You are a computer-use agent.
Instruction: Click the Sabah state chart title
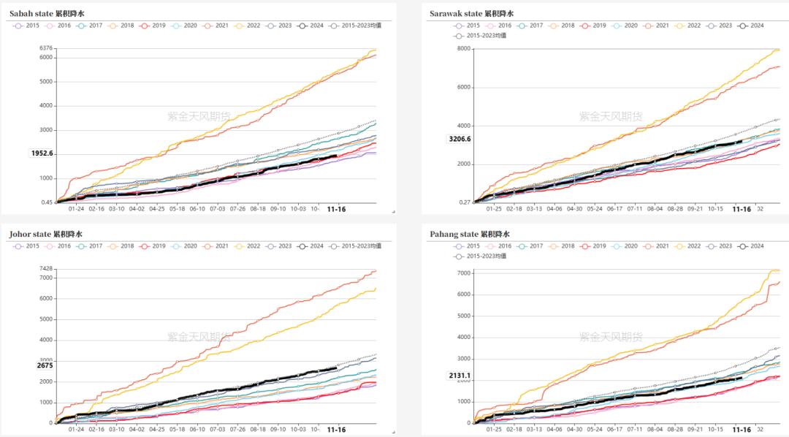pyautogui.click(x=46, y=13)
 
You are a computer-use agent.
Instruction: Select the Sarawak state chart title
pyautogui.click(x=471, y=13)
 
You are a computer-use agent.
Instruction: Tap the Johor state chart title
pyautogui.click(x=46, y=234)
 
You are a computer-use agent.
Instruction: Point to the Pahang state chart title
pyautogui.click(x=470, y=234)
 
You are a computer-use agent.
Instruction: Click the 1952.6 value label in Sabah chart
pyautogui.click(x=42, y=153)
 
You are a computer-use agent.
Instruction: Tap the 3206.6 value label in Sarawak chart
pyautogui.click(x=460, y=139)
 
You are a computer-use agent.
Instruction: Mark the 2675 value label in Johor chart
pyautogui.click(x=45, y=365)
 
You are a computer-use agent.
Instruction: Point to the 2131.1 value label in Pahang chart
pyautogui.click(x=460, y=376)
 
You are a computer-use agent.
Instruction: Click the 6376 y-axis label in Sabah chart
pyautogui.click(x=45, y=49)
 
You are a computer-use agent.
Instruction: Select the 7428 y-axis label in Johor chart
pyautogui.click(x=45, y=269)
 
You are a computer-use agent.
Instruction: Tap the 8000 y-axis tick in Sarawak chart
pyautogui.click(x=463, y=49)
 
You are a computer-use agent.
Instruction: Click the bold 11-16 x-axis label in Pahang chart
pyautogui.click(x=741, y=430)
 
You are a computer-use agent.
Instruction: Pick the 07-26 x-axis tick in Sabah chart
pyautogui.click(x=238, y=208)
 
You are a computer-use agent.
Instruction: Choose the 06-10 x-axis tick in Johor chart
pyautogui.click(x=197, y=430)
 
